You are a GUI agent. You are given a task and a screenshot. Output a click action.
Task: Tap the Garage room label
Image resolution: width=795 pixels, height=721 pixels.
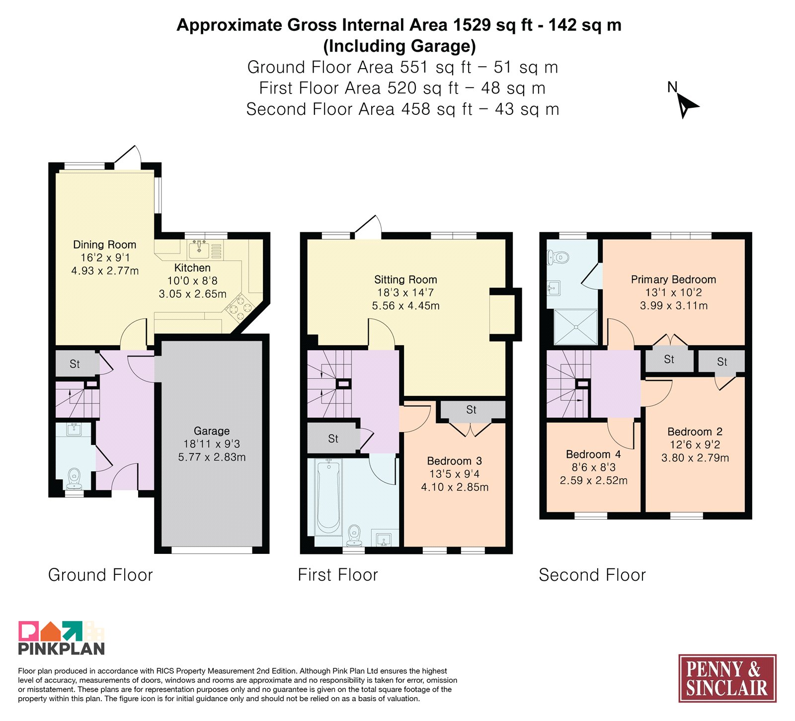[212, 431]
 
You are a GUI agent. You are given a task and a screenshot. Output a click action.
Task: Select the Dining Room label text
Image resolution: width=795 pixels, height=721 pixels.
[104, 245]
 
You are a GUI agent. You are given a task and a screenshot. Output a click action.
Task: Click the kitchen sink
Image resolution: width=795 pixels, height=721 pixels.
[200, 249]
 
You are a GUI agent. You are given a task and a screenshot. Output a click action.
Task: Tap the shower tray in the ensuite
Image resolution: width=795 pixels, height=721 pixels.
[575, 327]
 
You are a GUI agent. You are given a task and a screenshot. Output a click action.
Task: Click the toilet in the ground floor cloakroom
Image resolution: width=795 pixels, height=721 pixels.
[75, 478]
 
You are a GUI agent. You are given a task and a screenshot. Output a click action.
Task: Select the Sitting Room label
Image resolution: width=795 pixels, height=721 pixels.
[405, 279]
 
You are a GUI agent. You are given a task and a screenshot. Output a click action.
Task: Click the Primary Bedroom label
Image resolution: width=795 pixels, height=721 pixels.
[673, 279]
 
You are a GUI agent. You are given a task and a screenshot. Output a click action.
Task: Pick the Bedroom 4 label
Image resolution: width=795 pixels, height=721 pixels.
[593, 454]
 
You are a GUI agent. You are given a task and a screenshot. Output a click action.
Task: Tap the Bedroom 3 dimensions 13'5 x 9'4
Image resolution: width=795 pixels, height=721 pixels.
[455, 474]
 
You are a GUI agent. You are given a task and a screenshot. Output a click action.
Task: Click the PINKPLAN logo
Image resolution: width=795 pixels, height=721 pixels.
[62, 638]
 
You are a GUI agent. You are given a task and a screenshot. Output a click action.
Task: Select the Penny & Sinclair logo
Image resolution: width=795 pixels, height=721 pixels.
[727, 678]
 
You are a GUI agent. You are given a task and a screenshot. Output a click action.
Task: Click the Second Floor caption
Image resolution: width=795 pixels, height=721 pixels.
[592, 575]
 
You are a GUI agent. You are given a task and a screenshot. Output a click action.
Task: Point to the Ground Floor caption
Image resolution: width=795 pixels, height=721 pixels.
[100, 575]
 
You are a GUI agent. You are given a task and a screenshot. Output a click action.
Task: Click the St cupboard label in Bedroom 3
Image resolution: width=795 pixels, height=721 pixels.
[471, 410]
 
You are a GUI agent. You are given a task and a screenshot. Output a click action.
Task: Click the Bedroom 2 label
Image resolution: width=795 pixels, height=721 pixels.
[695, 432]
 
